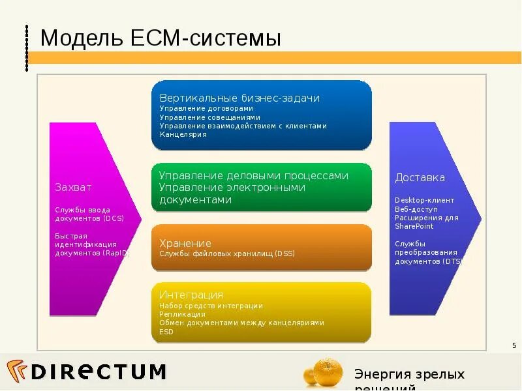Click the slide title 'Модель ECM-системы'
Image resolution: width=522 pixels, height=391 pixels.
click(x=161, y=38)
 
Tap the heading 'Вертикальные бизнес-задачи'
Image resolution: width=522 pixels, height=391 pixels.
click(x=239, y=98)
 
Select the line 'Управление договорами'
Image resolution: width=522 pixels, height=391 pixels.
click(x=206, y=109)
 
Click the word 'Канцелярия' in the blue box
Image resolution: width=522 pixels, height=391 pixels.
click(x=183, y=134)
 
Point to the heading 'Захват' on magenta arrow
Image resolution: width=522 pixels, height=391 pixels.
click(x=73, y=188)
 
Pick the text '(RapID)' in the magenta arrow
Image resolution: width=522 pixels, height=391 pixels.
click(x=116, y=253)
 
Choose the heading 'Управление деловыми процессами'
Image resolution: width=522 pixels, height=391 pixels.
click(x=254, y=176)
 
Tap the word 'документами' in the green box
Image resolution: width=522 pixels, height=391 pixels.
click(x=195, y=200)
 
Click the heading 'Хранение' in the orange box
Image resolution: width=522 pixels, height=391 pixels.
click(x=185, y=244)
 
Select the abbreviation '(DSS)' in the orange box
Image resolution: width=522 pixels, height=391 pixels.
click(x=284, y=253)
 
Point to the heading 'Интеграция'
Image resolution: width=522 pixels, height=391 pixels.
click(x=191, y=295)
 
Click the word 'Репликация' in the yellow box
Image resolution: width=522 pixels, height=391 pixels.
click(x=182, y=314)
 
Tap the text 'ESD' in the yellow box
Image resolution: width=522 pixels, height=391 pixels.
click(x=166, y=332)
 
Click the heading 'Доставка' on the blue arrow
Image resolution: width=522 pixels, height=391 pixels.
click(x=420, y=178)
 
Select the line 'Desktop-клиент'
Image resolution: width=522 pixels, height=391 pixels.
click(x=425, y=201)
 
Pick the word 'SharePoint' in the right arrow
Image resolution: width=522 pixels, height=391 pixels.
click(x=414, y=226)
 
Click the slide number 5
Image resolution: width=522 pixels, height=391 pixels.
click(x=514, y=345)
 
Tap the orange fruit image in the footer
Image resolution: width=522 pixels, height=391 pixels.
click(x=322, y=373)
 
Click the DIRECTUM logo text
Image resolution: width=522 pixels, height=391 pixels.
click(x=98, y=372)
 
